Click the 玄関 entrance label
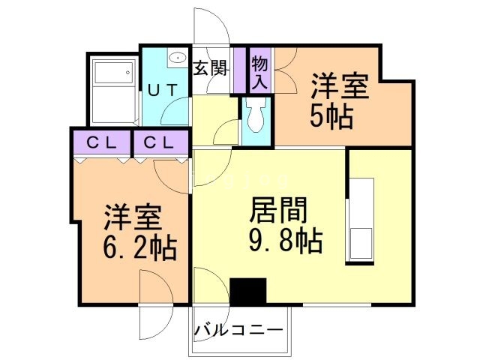(211, 67)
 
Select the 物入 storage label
(259, 72)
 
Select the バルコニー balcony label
(238, 329)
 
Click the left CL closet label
(103, 142)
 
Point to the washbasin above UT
(177, 58)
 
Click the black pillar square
(248, 291)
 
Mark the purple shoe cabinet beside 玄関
(240, 70)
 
